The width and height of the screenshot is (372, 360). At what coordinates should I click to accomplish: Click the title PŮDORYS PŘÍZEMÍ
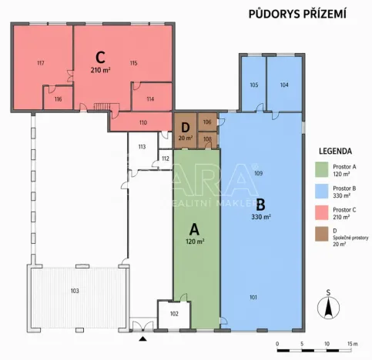click(297, 13)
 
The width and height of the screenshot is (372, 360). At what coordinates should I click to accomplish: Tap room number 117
click(40, 63)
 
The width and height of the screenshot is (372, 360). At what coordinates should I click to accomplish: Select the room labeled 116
click(58, 99)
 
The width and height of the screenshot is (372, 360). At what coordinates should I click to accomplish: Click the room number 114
click(149, 99)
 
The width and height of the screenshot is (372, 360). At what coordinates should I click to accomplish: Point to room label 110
click(142, 122)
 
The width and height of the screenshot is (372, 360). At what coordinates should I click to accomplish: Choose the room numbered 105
click(254, 85)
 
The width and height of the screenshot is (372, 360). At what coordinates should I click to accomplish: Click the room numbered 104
click(284, 85)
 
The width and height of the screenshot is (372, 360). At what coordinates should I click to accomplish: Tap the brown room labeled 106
click(207, 122)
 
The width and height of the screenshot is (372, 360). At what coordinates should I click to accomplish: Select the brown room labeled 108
click(207, 139)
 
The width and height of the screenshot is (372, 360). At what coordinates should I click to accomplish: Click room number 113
click(142, 146)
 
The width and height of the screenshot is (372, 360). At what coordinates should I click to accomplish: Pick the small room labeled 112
click(165, 158)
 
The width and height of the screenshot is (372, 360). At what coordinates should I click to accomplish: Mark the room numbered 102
click(174, 313)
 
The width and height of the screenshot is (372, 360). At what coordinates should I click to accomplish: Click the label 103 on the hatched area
click(75, 291)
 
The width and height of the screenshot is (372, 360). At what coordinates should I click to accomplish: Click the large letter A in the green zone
click(194, 228)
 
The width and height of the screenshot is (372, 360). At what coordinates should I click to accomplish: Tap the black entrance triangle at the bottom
click(142, 338)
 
